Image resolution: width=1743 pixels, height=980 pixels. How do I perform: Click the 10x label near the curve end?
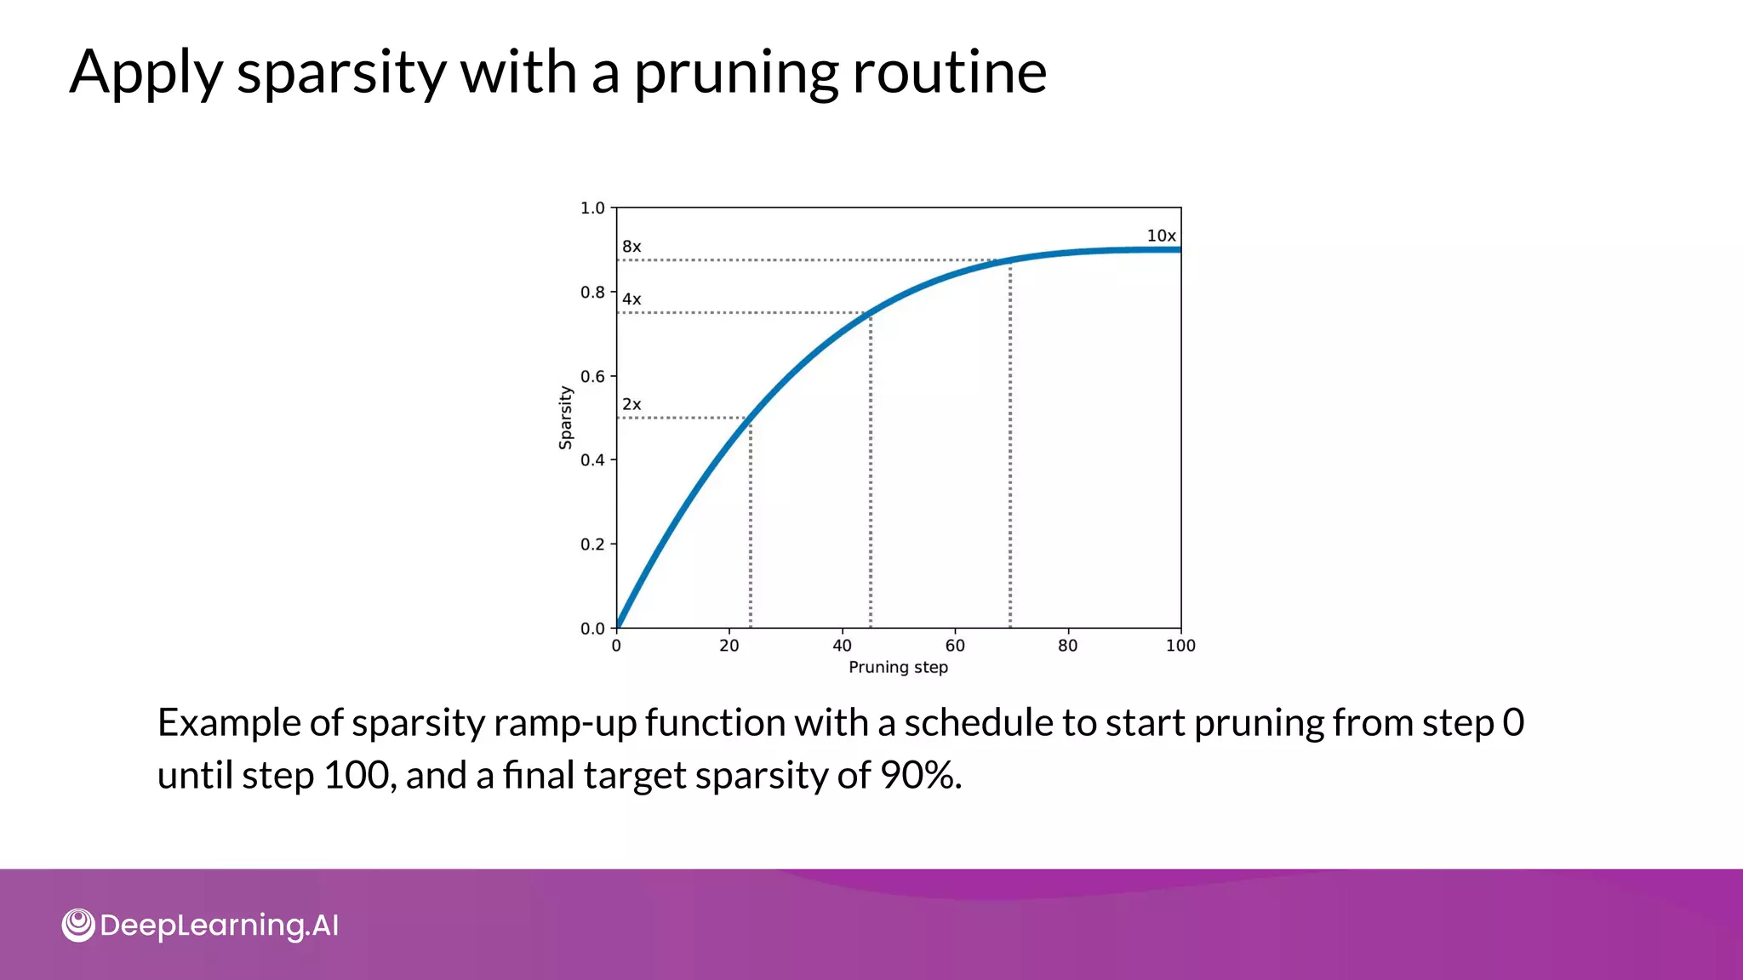click(x=1161, y=236)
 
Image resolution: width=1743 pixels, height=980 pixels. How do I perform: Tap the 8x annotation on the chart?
click(x=631, y=247)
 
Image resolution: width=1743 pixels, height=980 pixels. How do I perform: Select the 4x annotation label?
click(x=631, y=299)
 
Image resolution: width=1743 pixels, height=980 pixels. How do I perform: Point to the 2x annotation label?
click(x=631, y=405)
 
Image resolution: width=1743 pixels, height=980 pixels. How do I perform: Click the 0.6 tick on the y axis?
click(x=592, y=376)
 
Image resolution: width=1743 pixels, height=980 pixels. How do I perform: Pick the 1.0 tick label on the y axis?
click(x=592, y=208)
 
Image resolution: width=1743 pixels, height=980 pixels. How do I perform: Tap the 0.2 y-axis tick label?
click(x=592, y=544)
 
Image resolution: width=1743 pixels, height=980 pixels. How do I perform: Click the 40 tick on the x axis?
click(x=842, y=646)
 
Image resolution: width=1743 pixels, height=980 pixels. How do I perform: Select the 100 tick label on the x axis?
click(x=1180, y=646)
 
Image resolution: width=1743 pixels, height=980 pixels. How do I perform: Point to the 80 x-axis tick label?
click(x=1067, y=646)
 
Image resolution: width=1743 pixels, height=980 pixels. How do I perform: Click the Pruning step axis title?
click(x=898, y=668)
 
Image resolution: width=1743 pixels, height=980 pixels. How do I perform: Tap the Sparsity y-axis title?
click(x=566, y=417)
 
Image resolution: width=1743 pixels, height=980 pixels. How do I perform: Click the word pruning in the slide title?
click(x=735, y=73)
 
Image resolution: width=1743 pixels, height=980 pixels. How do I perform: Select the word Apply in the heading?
click(x=146, y=73)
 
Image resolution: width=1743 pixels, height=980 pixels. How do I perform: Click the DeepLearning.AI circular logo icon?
click(x=78, y=925)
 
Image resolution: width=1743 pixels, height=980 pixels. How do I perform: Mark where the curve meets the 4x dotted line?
click(x=869, y=313)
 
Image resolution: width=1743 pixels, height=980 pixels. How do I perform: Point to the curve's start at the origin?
click(x=618, y=626)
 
